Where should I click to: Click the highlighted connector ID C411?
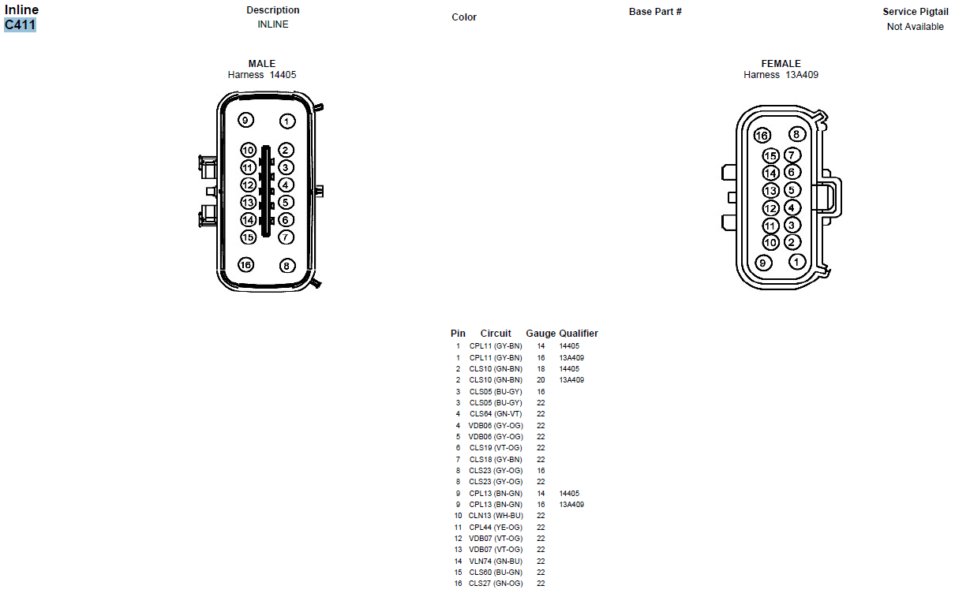coord(21,24)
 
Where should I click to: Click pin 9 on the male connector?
coord(246,120)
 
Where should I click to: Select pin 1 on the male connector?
coord(286,121)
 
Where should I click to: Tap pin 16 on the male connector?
coord(246,265)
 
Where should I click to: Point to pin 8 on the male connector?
coord(286,267)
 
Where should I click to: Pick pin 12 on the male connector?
coord(248,185)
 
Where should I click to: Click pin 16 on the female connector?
coord(762,136)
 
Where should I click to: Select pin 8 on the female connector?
coord(796,134)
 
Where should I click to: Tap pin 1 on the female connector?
coord(797,262)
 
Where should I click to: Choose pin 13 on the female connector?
coord(771,191)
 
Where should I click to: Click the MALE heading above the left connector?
coord(262,64)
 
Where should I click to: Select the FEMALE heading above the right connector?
coord(781,64)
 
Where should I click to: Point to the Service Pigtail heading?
coord(916,12)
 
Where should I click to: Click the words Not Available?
coord(916,27)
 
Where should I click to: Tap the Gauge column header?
coord(541,334)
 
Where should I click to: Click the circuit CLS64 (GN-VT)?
coord(496,414)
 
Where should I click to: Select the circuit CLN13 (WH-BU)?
coord(496,516)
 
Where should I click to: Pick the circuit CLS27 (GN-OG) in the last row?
coord(496,584)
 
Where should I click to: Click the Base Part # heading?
coord(655,12)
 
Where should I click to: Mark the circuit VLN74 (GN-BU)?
coord(496,561)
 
